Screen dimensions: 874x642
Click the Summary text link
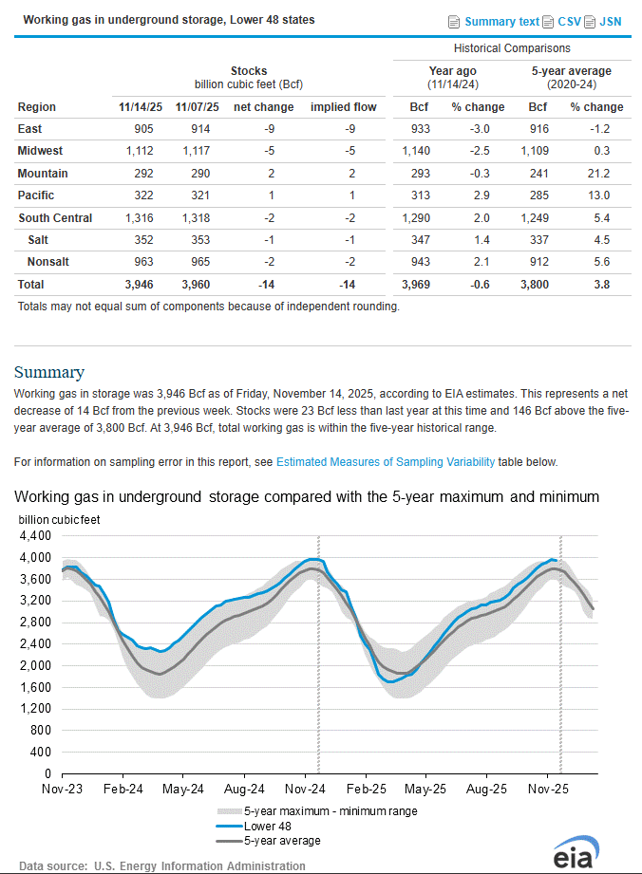tap(501, 21)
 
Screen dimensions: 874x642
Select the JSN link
tap(611, 21)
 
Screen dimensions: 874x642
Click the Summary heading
tap(48, 372)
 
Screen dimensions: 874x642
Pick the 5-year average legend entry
tap(282, 840)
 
